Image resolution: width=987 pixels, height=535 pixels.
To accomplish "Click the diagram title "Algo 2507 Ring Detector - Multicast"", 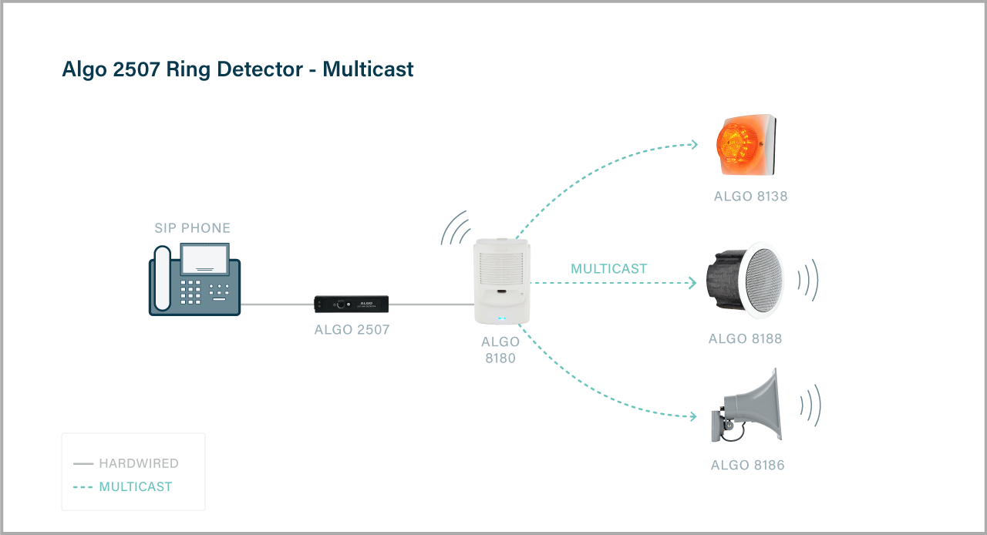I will coord(237,69).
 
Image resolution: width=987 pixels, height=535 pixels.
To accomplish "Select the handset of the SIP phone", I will coord(161,278).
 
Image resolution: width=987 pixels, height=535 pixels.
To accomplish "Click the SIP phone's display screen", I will coord(204,258).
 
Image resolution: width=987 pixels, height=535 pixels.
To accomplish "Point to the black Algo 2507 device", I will coord(351,305).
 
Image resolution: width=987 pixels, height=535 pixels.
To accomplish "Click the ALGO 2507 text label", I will coord(352,330).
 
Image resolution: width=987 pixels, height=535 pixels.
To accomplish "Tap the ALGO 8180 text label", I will coord(500,350).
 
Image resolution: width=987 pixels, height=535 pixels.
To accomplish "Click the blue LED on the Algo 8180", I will coord(501,318).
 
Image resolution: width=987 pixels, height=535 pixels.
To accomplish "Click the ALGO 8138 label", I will coord(750,197).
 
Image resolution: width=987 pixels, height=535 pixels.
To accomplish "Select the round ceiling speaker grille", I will coord(755,279).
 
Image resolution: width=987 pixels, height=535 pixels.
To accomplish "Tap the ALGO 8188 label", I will coord(745,339).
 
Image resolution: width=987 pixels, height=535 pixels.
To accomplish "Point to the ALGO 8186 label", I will coord(747,466).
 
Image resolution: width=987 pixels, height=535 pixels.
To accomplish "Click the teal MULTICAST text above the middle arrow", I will coord(608,269).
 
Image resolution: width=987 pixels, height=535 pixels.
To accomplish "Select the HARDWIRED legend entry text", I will coord(139,464).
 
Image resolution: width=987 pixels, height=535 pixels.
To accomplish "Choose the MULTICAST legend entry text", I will coord(136,487).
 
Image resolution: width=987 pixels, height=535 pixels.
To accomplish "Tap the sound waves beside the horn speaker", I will coord(810,405).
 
